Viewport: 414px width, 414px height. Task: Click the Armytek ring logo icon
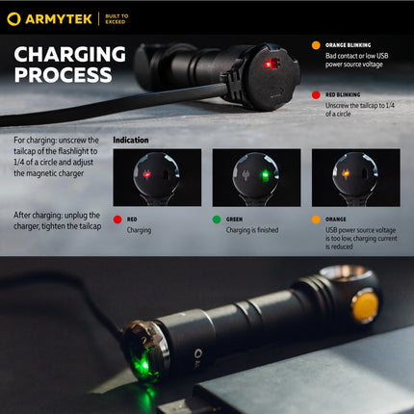pyautogui.click(x=13, y=18)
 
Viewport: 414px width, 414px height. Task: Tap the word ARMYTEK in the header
pyautogui.click(x=57, y=18)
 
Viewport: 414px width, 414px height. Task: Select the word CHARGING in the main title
pyautogui.click(x=70, y=55)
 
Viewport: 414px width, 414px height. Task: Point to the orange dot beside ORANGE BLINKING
pyautogui.click(x=316, y=44)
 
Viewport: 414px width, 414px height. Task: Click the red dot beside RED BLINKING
pyautogui.click(x=316, y=95)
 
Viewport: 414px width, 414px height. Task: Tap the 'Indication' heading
pyautogui.click(x=131, y=141)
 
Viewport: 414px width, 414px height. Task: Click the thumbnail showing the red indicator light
pyautogui.click(x=157, y=177)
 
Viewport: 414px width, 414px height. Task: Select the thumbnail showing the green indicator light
pyautogui.click(x=256, y=177)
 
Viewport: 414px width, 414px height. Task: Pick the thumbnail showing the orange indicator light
pyautogui.click(x=355, y=177)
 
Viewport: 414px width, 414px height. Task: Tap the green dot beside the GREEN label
pyautogui.click(x=217, y=219)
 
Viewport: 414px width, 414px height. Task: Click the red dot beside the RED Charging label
pyautogui.click(x=117, y=219)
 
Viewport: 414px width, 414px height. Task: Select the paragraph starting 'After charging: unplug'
pyautogui.click(x=58, y=220)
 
